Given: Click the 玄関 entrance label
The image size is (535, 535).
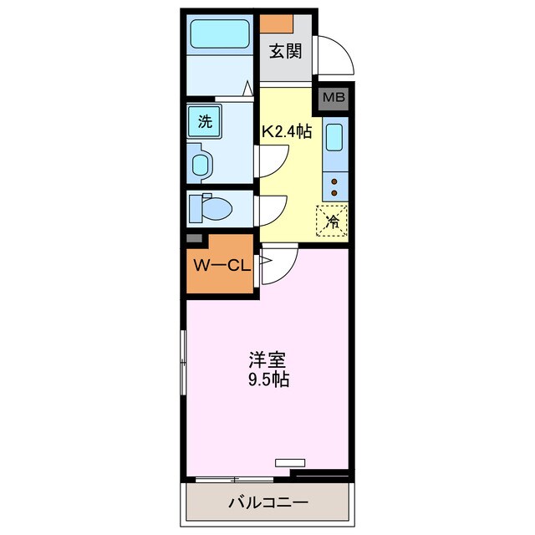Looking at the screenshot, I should pyautogui.click(x=285, y=51).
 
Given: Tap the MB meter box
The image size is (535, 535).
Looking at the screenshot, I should pyautogui.click(x=334, y=99).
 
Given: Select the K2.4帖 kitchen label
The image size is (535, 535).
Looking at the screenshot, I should pyautogui.click(x=288, y=131).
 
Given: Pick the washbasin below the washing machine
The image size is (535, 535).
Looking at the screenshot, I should pyautogui.click(x=201, y=163).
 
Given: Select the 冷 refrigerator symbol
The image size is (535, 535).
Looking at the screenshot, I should pyautogui.click(x=332, y=221).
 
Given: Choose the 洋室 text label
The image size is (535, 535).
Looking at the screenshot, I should pyautogui.click(x=267, y=361).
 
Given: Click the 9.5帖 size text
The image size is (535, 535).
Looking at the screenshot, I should pyautogui.click(x=267, y=380).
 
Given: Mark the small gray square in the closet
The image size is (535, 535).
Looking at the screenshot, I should pyautogui.click(x=193, y=239).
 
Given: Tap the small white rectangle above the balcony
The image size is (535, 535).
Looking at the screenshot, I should pyautogui.click(x=290, y=461).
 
